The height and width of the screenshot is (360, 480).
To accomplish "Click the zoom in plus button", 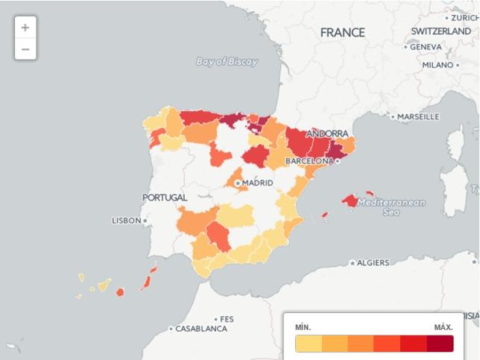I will [25, 28].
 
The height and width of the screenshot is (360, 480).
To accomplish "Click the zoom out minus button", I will [25, 49].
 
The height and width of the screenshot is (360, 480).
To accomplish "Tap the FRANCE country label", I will [342, 33].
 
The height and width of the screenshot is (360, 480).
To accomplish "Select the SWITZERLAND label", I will [440, 31].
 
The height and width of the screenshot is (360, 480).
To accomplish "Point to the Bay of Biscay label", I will [227, 62].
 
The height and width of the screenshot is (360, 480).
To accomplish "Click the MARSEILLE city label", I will [418, 117].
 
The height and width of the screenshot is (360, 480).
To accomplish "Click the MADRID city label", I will [257, 183].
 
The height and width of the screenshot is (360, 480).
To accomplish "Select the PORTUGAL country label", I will [165, 198].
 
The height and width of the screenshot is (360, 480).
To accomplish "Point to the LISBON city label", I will [126, 221].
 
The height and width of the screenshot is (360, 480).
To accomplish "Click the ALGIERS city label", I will [373, 263].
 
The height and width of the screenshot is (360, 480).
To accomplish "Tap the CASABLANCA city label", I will [201, 329].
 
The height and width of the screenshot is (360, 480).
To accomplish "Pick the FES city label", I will [227, 319].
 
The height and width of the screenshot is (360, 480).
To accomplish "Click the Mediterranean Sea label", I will [392, 207].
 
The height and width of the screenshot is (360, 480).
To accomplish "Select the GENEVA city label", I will [426, 46].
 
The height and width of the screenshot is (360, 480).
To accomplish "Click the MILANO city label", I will [438, 65].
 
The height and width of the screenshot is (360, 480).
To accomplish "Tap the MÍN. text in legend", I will [303, 327].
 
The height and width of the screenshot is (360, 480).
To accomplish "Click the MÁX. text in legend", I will [443, 327].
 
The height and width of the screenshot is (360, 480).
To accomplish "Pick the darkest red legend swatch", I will [440, 344].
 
